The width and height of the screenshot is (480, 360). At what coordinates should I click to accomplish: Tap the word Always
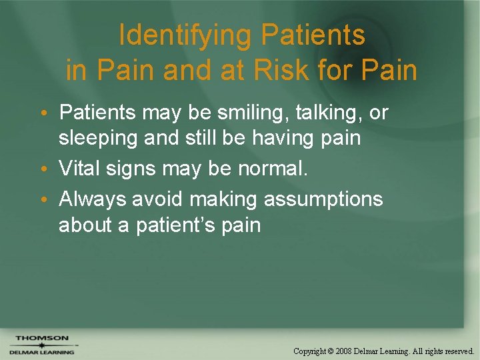tap(93, 199)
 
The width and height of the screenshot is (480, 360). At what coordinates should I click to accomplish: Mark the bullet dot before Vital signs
tap(50, 170)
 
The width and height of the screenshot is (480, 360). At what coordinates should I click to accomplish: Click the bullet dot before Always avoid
tap(50, 200)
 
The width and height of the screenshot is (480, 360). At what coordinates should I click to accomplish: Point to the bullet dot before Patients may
tap(50, 113)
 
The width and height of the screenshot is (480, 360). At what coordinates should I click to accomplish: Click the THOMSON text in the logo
tap(42, 339)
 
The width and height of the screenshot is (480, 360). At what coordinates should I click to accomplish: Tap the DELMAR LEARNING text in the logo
tap(42, 351)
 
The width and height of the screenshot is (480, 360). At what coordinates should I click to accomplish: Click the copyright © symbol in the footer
tap(330, 350)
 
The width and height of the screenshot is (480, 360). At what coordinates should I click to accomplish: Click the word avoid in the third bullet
tap(155, 199)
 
